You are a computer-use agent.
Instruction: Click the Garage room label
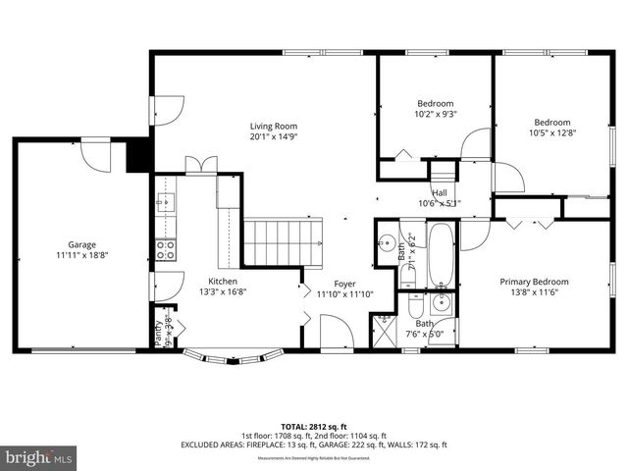81,244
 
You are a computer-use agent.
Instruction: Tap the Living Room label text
273,126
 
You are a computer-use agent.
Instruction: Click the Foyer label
341,282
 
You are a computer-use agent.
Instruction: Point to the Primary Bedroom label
534,283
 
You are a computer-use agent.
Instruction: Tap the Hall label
440,193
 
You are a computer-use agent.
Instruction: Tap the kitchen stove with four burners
166,249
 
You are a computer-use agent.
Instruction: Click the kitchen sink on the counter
164,203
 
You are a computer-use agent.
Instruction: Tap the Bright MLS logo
39,456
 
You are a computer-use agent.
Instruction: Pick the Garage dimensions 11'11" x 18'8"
81,254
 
